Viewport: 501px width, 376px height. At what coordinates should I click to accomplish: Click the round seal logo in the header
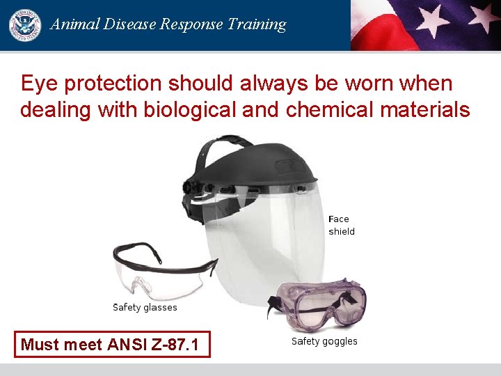click(25, 25)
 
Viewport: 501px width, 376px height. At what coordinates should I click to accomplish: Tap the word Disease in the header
click(129, 24)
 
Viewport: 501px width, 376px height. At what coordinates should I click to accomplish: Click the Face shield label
click(341, 225)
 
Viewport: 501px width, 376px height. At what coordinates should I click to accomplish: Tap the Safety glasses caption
click(145, 307)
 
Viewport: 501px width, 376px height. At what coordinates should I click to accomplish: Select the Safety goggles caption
click(324, 341)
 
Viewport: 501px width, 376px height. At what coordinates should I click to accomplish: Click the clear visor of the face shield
click(271, 237)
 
